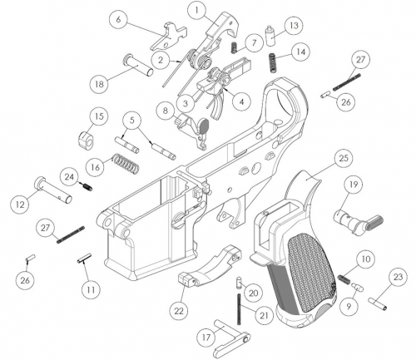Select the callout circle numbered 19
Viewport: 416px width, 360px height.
click(x=353, y=185)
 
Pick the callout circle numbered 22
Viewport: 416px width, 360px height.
click(x=178, y=309)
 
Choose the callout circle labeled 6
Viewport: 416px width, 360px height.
click(x=119, y=19)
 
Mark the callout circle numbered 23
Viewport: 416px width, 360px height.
click(x=397, y=277)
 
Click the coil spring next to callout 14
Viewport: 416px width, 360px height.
click(x=272, y=61)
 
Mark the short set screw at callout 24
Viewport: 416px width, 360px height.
click(x=86, y=187)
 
